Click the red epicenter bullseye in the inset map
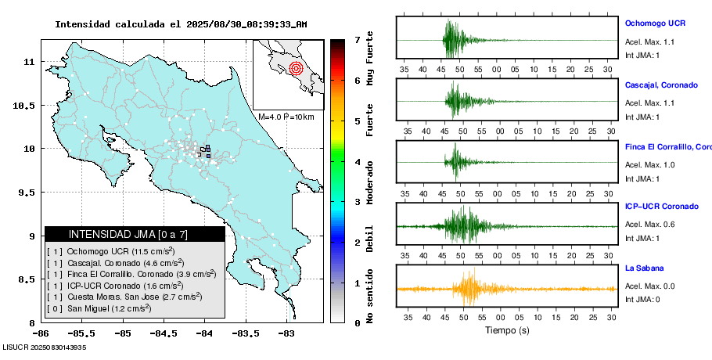coord(295,68)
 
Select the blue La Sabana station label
coord(645,268)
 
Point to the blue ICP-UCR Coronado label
coord(662,207)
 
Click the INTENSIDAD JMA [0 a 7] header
coord(134,234)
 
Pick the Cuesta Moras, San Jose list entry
coord(125,297)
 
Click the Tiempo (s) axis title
coord(506,331)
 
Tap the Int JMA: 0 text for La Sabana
coord(642,300)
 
